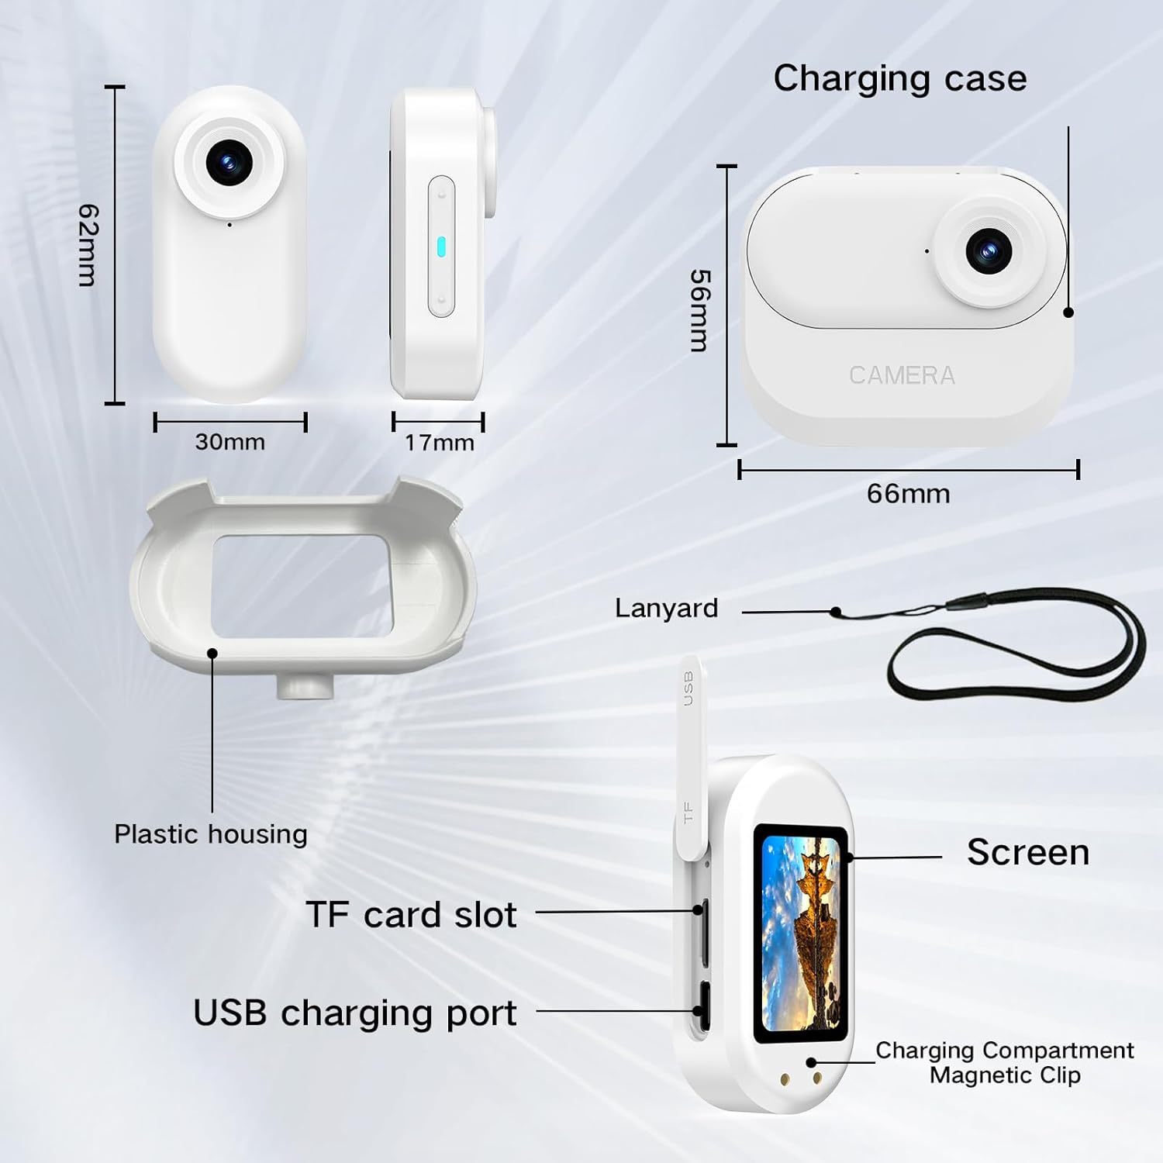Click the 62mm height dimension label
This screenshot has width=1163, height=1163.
click(88, 245)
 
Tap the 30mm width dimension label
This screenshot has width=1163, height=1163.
click(229, 442)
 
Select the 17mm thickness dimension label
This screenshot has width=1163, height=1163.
click(439, 443)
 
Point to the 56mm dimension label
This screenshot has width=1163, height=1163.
click(699, 310)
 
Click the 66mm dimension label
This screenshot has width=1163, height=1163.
click(908, 494)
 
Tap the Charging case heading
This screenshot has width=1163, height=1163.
click(899, 78)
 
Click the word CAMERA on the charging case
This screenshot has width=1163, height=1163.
click(902, 375)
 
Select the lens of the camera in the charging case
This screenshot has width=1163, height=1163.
click(989, 250)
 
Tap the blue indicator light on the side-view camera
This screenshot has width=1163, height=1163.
click(441, 247)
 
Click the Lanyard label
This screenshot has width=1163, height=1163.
click(666, 608)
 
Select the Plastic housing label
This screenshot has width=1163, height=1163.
click(210, 834)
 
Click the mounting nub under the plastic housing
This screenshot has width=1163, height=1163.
click(305, 686)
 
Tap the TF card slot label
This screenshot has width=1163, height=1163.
click(411, 915)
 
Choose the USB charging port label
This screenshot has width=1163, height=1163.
click(354, 1013)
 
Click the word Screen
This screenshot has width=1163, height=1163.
click(1027, 852)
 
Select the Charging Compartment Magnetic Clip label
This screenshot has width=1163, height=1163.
click(1004, 1062)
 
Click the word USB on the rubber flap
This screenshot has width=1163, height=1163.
click(687, 688)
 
